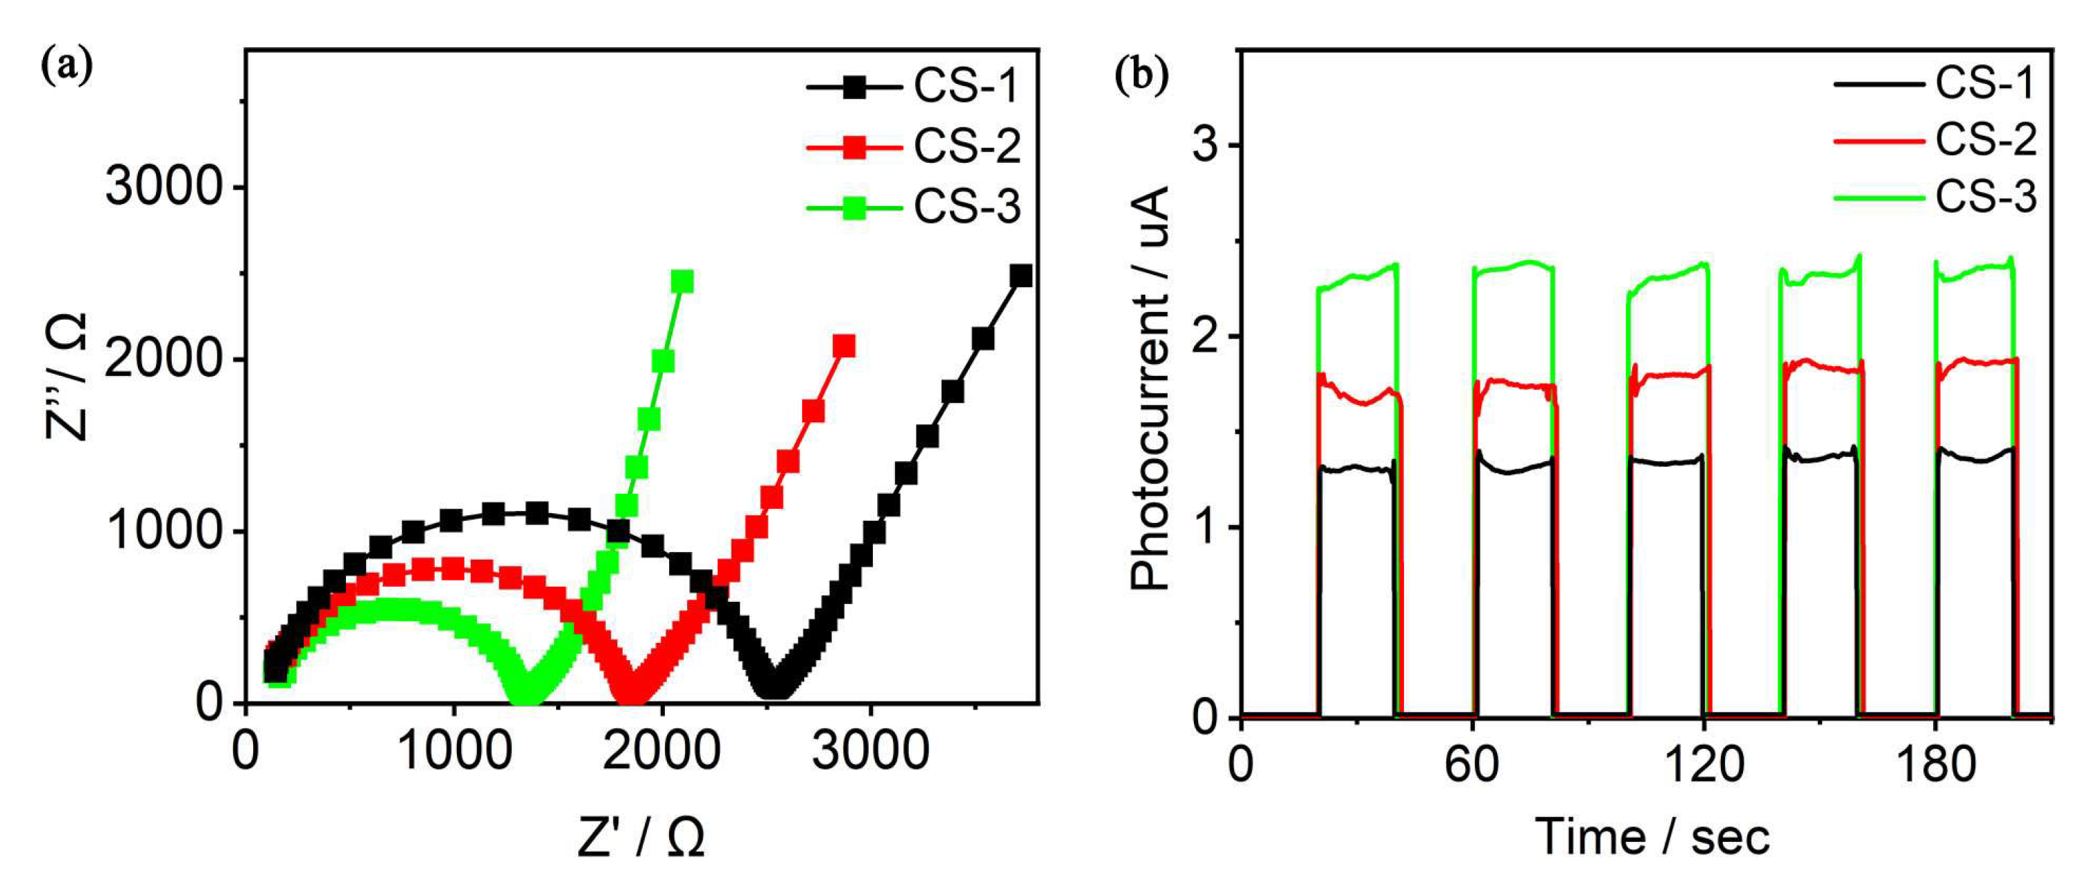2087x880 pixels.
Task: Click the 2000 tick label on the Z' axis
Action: coord(662,751)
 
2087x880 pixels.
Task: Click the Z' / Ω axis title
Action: coord(641,837)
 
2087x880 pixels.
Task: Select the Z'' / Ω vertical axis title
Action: coord(67,377)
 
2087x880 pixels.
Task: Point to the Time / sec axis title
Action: coord(1652,837)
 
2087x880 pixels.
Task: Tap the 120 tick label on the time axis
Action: coord(1704,765)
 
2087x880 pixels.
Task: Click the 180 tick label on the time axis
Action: coord(1935,765)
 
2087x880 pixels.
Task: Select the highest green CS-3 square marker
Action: coord(683,281)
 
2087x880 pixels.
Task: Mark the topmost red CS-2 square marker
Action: coord(845,346)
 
